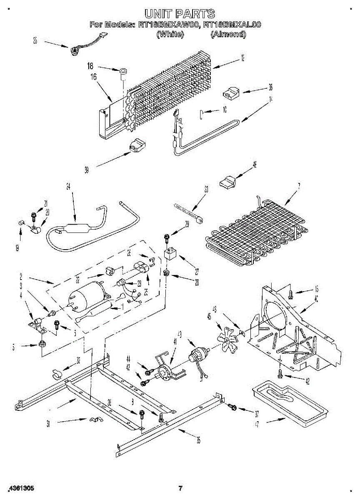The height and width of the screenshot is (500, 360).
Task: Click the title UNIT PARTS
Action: tap(180, 13)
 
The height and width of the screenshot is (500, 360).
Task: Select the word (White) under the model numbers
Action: tap(170, 35)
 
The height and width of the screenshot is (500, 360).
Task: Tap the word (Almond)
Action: tap(228, 35)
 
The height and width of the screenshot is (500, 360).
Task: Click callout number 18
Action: tap(90, 66)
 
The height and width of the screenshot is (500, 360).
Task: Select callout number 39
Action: tap(87, 170)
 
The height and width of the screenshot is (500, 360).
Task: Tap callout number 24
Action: tap(68, 186)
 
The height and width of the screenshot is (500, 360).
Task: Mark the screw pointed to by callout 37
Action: tap(232, 406)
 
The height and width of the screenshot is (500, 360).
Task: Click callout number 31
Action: tap(48, 424)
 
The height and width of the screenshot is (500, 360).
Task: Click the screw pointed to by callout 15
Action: tap(291, 295)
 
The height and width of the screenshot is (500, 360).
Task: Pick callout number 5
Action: tap(14, 346)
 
